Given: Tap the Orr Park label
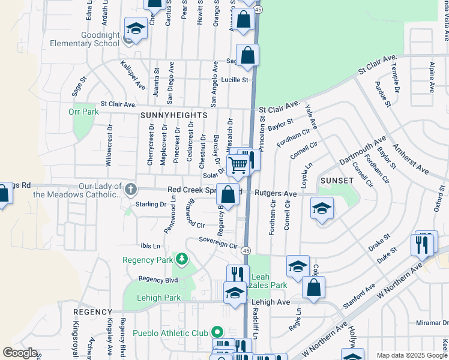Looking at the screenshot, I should point(83,112).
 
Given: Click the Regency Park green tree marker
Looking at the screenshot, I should point(181,259).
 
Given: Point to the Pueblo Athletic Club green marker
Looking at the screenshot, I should point(217,332).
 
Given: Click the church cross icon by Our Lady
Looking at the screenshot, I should point(131,190).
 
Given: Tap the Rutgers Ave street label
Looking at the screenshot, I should point(276,194).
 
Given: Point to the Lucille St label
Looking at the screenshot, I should point(234,80).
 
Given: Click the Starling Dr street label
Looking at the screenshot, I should point(150,205).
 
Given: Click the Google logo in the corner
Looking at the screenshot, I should point(20,353).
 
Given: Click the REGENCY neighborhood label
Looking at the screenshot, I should point(92,313).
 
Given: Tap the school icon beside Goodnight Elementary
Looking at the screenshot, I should point(136,28).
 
